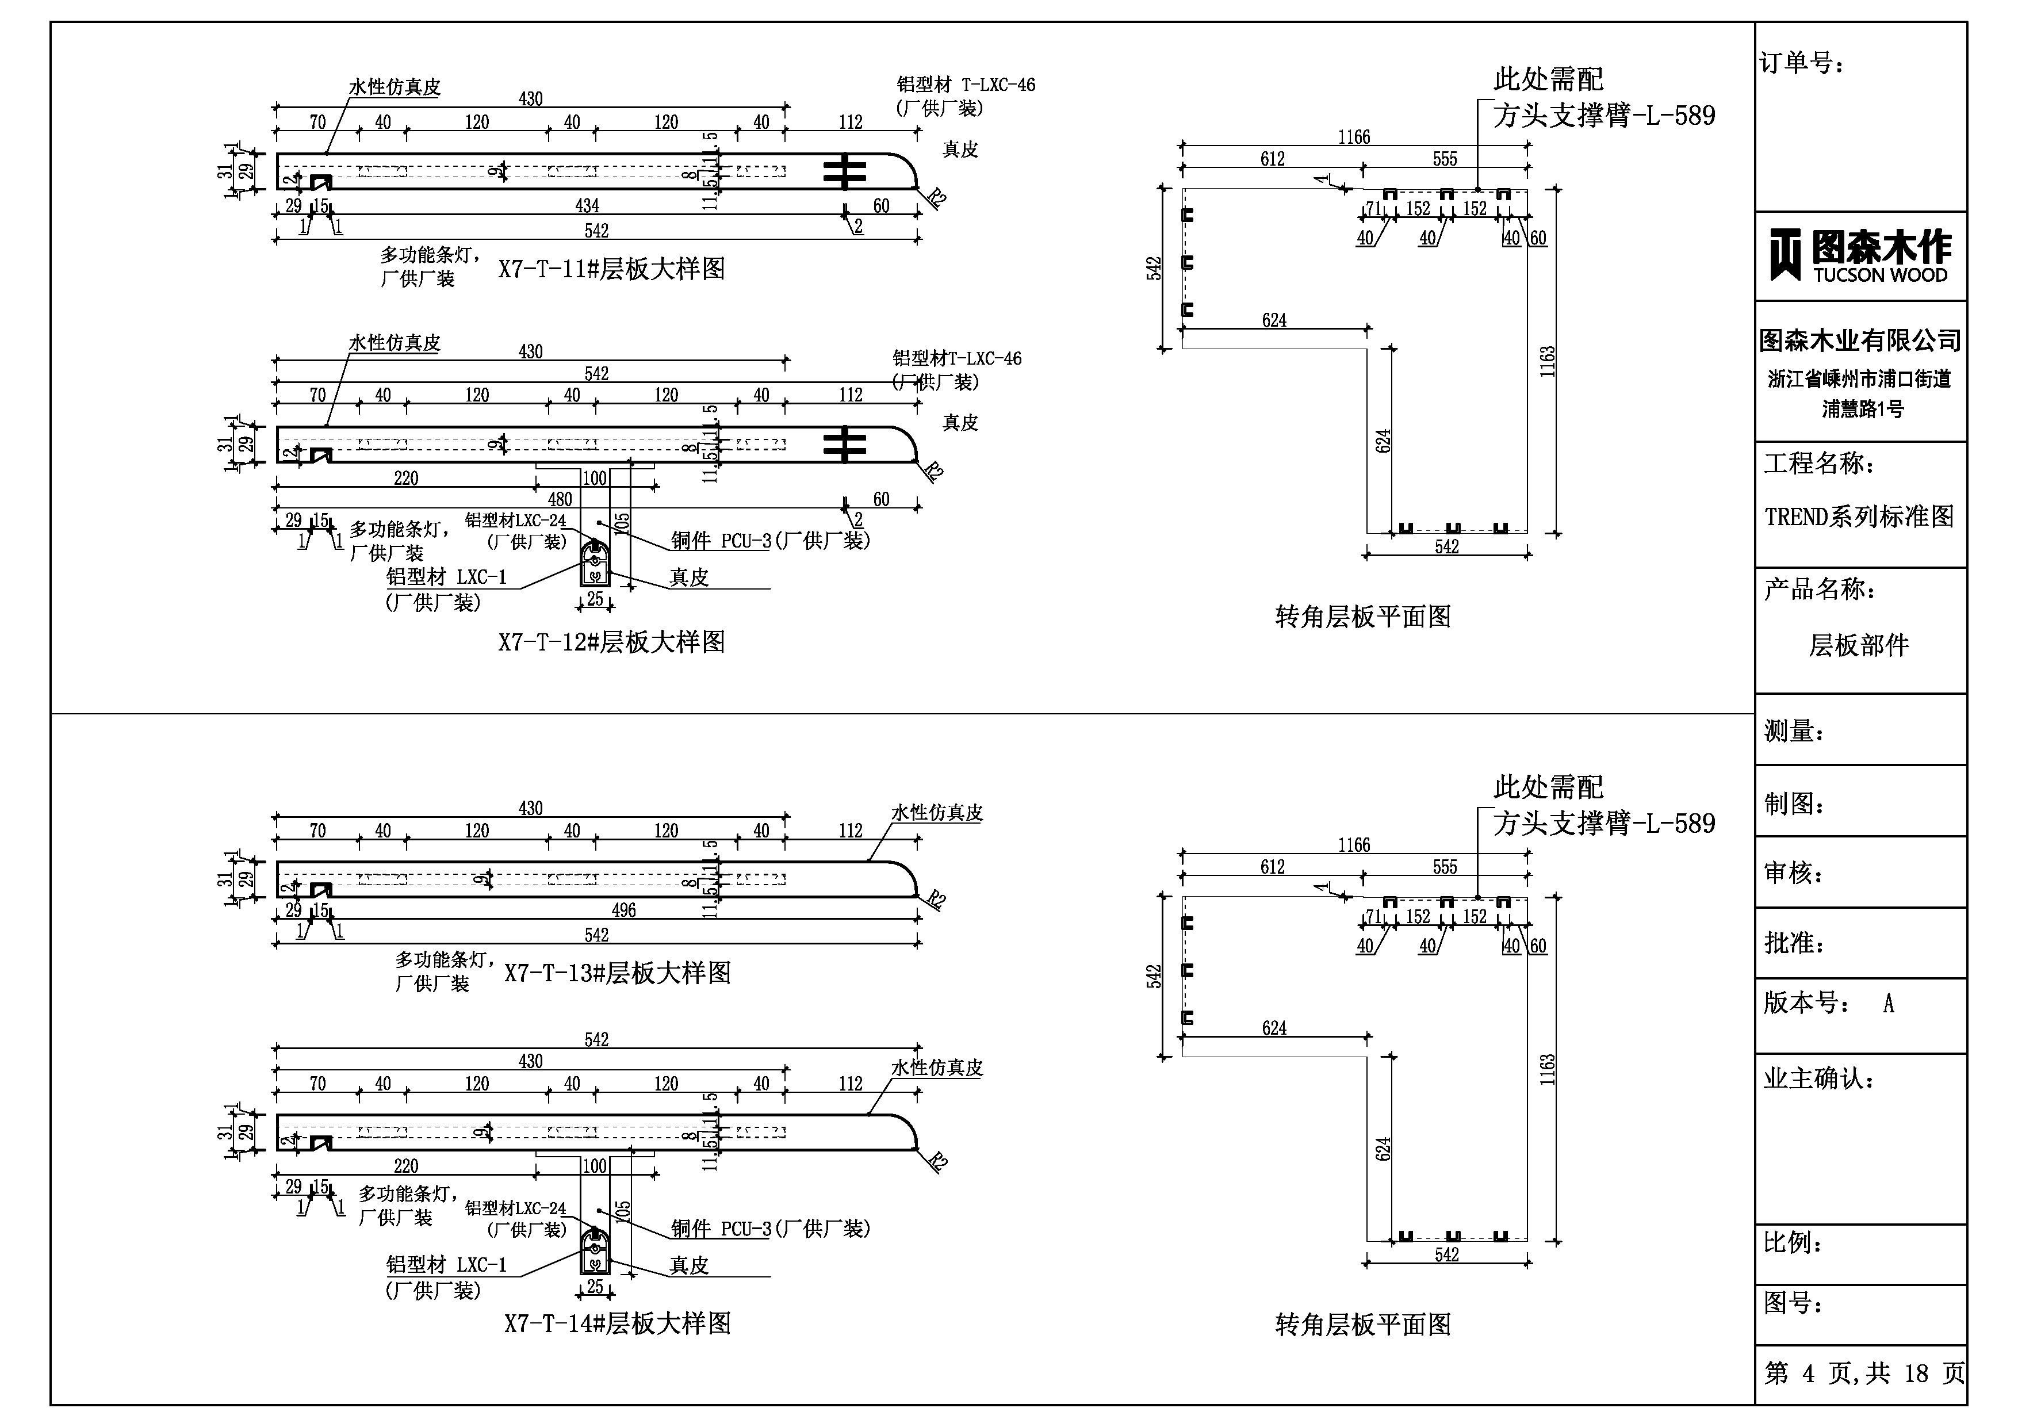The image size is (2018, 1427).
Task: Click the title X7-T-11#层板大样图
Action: tap(612, 269)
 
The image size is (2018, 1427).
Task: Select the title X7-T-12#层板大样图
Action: tap(612, 642)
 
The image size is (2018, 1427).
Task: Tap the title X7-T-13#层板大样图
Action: tap(617, 973)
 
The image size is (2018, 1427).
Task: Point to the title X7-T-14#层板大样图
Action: tap(617, 1323)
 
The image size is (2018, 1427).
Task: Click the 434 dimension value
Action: tap(587, 206)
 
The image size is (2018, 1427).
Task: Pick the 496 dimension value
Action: tap(623, 910)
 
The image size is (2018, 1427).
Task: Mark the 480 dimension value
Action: tap(560, 499)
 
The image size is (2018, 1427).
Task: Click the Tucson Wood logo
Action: tap(1860, 256)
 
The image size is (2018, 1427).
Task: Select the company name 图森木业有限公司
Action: tap(1860, 341)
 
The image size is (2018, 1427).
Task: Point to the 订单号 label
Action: tap(1802, 63)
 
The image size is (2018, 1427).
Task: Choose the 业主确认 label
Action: tap(1818, 1079)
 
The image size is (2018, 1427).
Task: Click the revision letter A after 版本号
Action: tap(1888, 1004)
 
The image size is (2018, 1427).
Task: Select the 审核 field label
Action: tap(1794, 873)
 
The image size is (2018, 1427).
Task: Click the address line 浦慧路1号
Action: tap(1862, 409)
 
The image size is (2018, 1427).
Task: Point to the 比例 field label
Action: tap(1794, 1244)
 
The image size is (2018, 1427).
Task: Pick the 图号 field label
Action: tap(1794, 1303)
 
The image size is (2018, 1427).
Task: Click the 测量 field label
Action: tap(1794, 730)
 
